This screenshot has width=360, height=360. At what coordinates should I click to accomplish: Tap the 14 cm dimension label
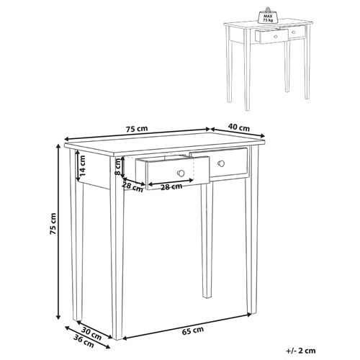point(85,169)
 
